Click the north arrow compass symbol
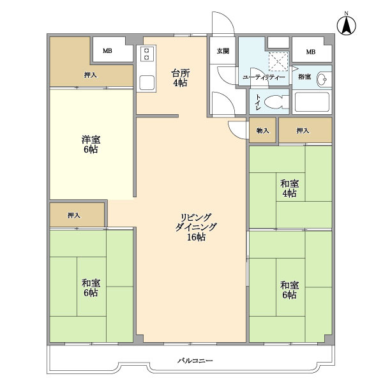347,24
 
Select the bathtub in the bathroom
312,102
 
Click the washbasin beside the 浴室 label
324,79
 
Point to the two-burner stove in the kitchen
147,54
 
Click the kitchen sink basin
147,82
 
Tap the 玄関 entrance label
223,51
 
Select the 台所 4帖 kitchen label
180,78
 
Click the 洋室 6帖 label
91,144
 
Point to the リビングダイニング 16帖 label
196,227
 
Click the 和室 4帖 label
289,188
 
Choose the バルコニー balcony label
195,361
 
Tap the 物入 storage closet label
262,131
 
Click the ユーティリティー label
264,77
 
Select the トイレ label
258,102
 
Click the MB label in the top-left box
107,51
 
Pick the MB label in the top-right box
311,52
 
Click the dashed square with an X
278,61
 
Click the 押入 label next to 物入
303,131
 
